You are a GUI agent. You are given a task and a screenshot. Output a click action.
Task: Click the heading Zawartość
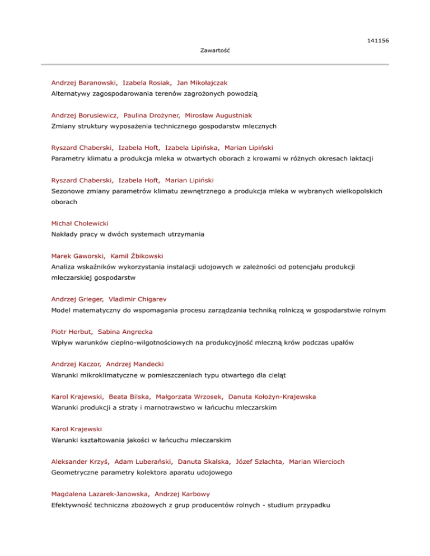click(216, 51)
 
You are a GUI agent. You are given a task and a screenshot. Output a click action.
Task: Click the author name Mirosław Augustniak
click(211, 115)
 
